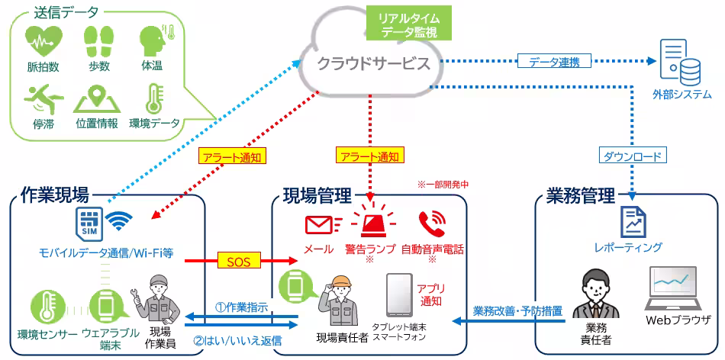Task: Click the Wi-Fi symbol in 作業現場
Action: [119, 221]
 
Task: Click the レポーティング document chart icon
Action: [632, 221]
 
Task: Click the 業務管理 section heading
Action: [581, 196]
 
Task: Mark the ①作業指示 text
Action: [241, 307]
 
